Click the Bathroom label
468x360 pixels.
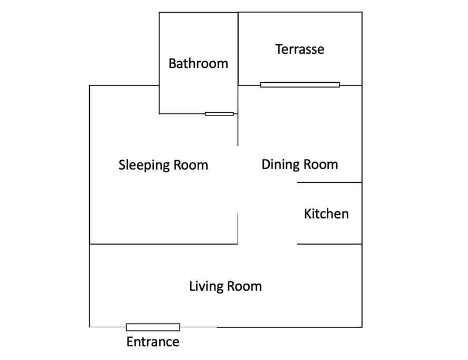click(x=198, y=64)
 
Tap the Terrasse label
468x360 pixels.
click(x=300, y=49)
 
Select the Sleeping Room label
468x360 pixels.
click(x=163, y=165)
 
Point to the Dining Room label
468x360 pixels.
click(x=300, y=164)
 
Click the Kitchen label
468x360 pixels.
click(x=326, y=213)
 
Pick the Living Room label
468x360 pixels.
click(x=226, y=286)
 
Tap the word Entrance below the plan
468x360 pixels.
click(x=153, y=342)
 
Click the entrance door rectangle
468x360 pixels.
click(x=153, y=327)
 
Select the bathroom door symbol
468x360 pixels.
click(x=219, y=114)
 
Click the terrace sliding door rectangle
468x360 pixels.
click(x=300, y=85)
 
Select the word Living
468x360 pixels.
click(x=206, y=287)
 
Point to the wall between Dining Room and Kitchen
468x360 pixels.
click(x=329, y=182)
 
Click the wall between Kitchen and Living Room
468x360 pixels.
click(x=329, y=244)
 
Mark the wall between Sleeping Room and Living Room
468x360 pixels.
click(x=163, y=244)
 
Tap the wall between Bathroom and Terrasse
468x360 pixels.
click(x=238, y=48)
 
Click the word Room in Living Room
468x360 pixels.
click(x=244, y=286)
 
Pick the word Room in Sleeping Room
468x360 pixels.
click(x=191, y=165)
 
